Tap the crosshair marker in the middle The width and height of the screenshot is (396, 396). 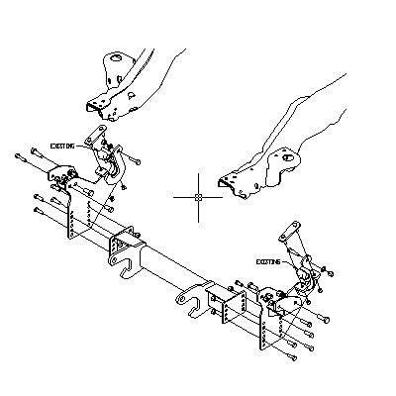tap(198, 197)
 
